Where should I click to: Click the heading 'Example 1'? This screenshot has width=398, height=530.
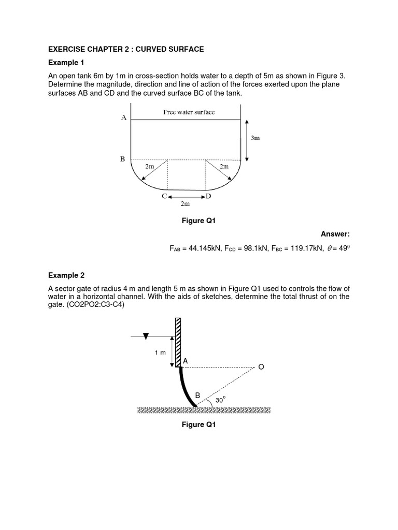(66, 63)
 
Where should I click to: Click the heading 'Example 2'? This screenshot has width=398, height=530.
(66, 275)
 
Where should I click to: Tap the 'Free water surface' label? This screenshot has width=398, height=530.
(189, 112)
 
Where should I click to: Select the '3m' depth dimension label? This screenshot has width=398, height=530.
(255, 138)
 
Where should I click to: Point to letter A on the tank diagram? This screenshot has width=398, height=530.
(124, 117)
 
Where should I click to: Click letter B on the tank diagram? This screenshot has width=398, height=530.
(123, 159)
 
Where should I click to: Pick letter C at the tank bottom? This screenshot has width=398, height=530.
(164, 196)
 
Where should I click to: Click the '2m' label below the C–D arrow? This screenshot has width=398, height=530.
(185, 204)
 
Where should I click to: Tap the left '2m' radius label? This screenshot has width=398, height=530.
(149, 166)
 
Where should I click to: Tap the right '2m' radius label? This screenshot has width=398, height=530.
(224, 166)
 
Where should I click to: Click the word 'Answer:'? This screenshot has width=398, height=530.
(335, 234)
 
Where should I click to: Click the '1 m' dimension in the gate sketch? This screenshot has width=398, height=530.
(160, 352)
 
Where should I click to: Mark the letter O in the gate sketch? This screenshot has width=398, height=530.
(261, 366)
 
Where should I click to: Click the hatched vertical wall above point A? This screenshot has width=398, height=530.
(178, 342)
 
